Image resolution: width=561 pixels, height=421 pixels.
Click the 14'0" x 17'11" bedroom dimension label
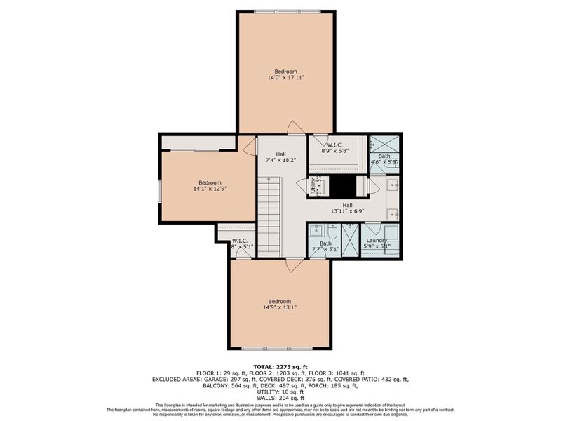click(x=285, y=78)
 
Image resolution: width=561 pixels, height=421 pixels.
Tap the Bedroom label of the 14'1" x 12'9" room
click(x=210, y=182)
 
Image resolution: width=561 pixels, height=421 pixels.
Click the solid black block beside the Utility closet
click(x=344, y=187)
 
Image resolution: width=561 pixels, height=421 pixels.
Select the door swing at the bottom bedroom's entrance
click(x=295, y=265)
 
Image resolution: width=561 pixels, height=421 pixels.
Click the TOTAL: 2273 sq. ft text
click(x=280, y=367)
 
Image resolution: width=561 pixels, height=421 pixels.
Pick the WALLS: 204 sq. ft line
click(x=280, y=396)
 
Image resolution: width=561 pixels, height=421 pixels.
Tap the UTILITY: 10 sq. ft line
click(x=280, y=391)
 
